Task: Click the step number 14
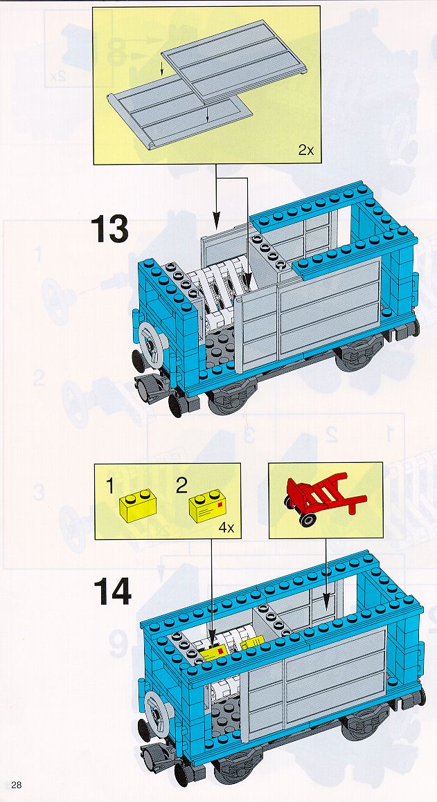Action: [x=113, y=592]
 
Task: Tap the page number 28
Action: [x=17, y=785]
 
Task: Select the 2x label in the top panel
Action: [x=305, y=150]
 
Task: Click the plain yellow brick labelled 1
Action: [x=138, y=505]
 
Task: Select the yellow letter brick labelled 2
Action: [x=208, y=505]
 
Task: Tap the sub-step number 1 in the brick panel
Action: [x=110, y=486]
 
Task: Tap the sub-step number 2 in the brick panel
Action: [x=181, y=486]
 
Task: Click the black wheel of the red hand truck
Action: [x=307, y=519]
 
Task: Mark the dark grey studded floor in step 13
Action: [x=220, y=349]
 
